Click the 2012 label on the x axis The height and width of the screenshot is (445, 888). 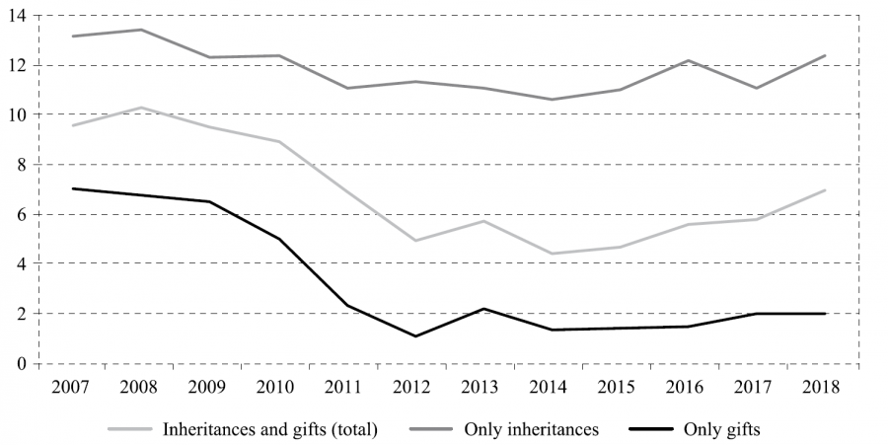[413, 387]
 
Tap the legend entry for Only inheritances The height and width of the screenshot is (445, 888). [534, 429]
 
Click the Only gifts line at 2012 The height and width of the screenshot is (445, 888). [414, 336]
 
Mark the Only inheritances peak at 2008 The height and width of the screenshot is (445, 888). [140, 30]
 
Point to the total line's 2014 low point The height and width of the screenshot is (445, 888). [551, 254]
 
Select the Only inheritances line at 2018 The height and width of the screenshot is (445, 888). [824, 55]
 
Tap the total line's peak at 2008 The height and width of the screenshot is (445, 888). [140, 108]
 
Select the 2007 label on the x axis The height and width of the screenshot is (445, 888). [72, 387]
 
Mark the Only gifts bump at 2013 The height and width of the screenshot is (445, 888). [482, 309]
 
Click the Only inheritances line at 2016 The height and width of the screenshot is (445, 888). [688, 60]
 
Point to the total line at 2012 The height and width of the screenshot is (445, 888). [414, 241]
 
